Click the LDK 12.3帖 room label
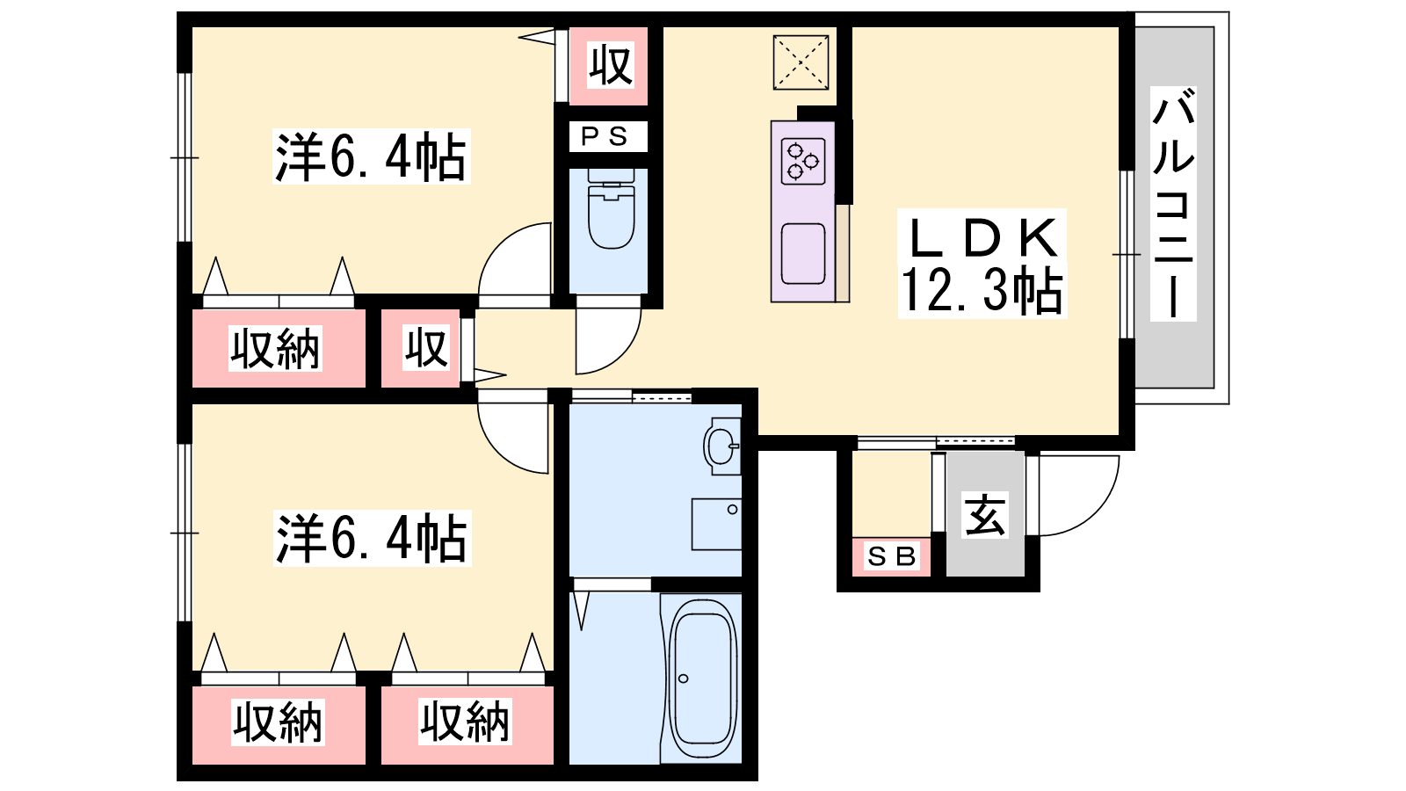982,264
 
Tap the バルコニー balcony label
1173,204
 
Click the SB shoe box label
891,556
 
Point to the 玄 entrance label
985,516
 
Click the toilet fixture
610,208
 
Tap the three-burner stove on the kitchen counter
803,162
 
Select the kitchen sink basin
803,254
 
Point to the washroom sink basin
721,446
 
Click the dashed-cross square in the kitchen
801,62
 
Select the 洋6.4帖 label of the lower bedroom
372,540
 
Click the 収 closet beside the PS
609,65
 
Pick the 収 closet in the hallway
426,348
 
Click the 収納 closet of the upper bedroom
275,348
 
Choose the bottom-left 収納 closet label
278,722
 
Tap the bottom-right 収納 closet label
465,722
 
